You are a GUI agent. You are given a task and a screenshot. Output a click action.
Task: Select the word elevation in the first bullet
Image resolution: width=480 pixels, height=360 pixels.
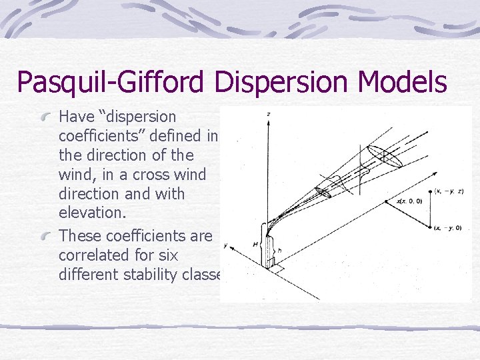click(x=87, y=213)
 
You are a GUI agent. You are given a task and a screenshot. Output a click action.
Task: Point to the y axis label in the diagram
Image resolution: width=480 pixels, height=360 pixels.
click(x=226, y=246)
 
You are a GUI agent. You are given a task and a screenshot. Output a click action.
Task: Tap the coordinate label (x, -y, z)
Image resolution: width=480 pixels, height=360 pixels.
click(x=450, y=191)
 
